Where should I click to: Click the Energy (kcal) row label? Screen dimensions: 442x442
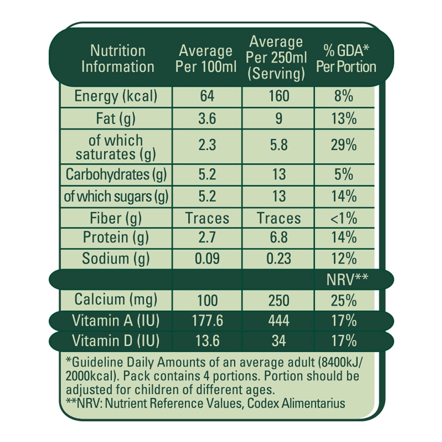116,96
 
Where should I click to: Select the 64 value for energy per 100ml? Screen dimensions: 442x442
206,96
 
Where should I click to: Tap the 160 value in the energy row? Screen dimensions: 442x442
278,96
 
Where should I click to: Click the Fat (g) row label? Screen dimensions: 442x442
116,119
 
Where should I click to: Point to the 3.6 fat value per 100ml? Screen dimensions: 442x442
206,119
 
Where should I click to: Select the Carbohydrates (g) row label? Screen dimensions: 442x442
116,175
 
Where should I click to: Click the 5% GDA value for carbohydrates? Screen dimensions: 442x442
344,175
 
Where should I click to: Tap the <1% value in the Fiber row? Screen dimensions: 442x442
344,218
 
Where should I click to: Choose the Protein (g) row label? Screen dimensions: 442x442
116,238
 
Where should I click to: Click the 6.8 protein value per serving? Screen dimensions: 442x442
278,238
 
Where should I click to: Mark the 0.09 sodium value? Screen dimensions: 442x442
206,259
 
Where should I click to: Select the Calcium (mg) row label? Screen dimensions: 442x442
116,300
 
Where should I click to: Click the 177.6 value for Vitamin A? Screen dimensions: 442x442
206,320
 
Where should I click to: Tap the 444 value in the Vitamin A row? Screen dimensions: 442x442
278,320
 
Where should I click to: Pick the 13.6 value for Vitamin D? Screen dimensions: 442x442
206,341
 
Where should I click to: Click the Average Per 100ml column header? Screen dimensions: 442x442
205,59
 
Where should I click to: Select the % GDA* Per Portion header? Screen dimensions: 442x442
345,59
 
